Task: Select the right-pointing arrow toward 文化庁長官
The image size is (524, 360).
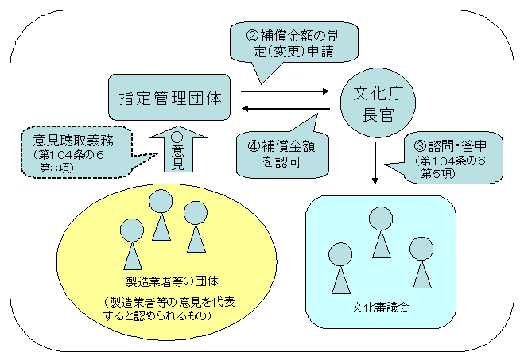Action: coord(284,91)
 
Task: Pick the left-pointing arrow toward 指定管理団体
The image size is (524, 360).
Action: coord(284,110)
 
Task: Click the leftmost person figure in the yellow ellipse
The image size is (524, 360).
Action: coord(131,242)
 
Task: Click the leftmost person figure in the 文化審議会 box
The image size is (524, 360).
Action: coord(341,267)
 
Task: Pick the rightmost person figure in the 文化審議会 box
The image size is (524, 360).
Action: coord(421,260)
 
